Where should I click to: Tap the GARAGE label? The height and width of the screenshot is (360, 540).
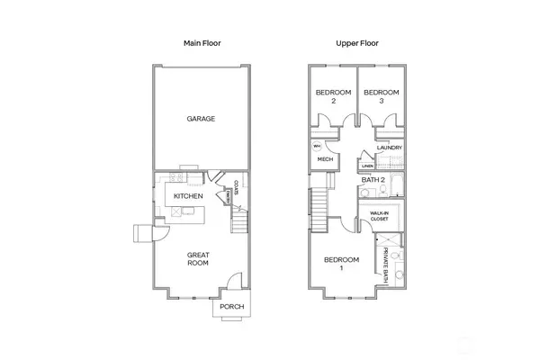click(x=200, y=119)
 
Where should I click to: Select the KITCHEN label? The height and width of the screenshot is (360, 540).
click(x=188, y=196)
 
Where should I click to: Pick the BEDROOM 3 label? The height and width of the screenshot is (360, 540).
click(x=381, y=96)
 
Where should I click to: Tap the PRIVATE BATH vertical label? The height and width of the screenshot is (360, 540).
click(x=386, y=265)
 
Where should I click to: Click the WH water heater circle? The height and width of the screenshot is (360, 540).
click(x=317, y=146)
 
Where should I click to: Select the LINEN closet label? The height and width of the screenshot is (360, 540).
click(x=366, y=166)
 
